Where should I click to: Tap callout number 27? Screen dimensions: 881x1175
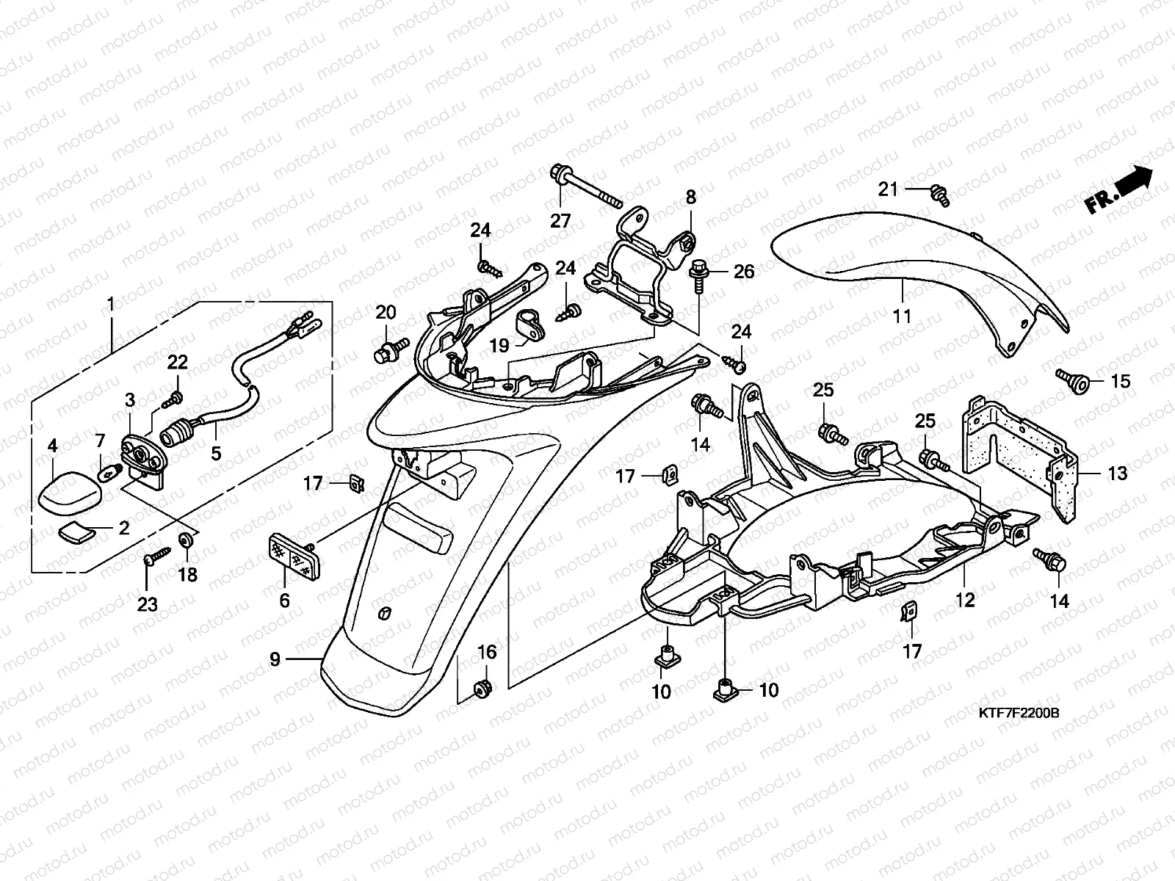pos(560,221)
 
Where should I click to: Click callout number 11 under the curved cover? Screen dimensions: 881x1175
pos(901,316)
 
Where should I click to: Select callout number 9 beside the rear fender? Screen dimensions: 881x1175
pos(275,659)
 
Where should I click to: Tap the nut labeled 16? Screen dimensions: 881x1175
pos(483,688)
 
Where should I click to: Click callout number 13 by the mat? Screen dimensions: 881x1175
pos(1117,474)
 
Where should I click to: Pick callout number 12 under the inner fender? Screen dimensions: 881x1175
pos(965,600)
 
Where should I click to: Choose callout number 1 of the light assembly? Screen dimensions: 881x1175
pos(111,303)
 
